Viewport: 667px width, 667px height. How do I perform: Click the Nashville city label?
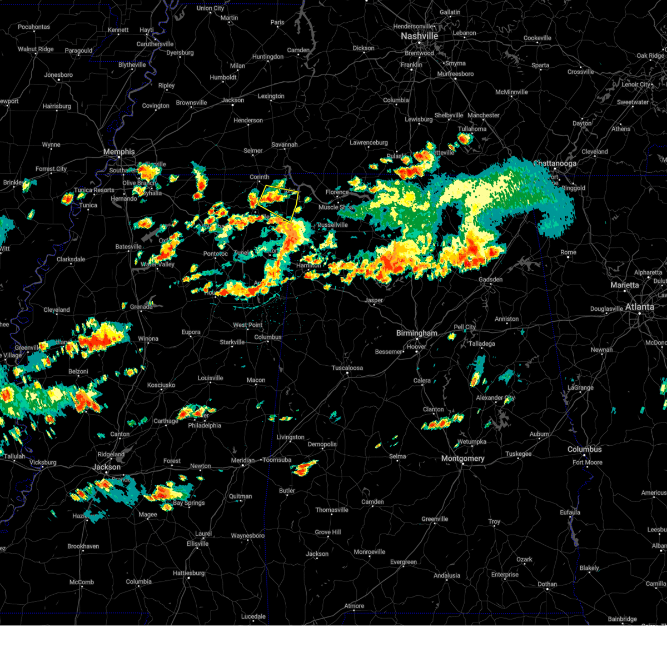(x=420, y=36)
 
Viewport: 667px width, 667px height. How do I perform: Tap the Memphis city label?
(x=119, y=152)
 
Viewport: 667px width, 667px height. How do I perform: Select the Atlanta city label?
(x=639, y=307)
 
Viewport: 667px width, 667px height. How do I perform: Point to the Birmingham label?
(x=416, y=333)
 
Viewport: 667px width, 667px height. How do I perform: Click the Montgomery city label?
(x=462, y=459)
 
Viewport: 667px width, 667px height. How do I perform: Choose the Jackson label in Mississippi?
(x=106, y=467)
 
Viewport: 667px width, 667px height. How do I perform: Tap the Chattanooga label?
(x=555, y=164)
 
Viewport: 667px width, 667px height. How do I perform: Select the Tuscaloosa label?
(x=347, y=368)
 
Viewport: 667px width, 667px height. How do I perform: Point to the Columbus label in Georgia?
(x=584, y=449)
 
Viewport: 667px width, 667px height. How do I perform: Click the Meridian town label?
(x=242, y=460)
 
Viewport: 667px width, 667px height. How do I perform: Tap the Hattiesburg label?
(x=188, y=573)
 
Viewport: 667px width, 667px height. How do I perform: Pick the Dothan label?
(x=547, y=584)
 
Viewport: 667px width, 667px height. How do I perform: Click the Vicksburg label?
(x=43, y=462)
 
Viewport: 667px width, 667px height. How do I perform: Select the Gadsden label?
(x=490, y=280)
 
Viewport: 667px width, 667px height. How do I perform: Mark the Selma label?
(x=397, y=456)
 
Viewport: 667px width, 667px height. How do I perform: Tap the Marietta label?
(x=624, y=285)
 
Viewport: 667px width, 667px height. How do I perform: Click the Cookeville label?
(x=537, y=38)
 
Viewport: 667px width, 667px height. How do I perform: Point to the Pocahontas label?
(x=34, y=27)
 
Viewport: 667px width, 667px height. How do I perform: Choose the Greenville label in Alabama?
(x=434, y=519)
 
